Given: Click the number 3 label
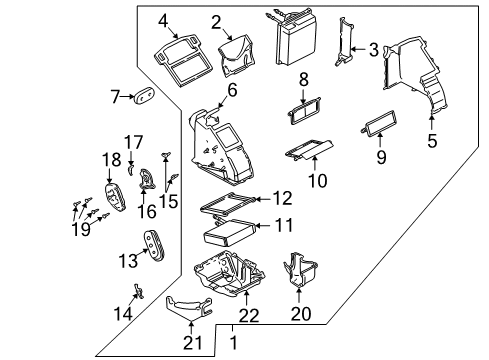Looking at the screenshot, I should [373, 50].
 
